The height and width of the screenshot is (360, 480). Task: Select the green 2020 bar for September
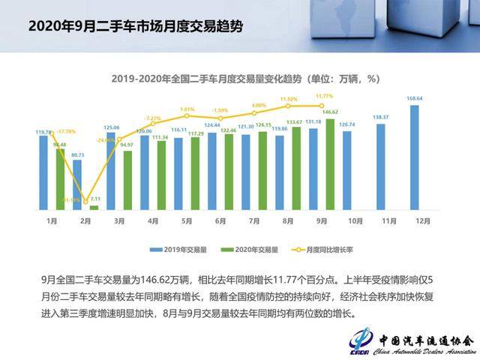tap(329, 164)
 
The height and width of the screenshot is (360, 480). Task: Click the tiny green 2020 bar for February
tap(94, 208)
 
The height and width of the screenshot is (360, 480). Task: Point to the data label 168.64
tap(415, 98)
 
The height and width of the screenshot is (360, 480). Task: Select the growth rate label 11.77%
tap(324, 96)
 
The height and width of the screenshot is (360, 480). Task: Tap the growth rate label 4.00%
tap(259, 105)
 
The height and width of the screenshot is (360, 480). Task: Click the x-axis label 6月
tap(220, 222)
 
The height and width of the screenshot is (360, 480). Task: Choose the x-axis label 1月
tap(52, 222)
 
